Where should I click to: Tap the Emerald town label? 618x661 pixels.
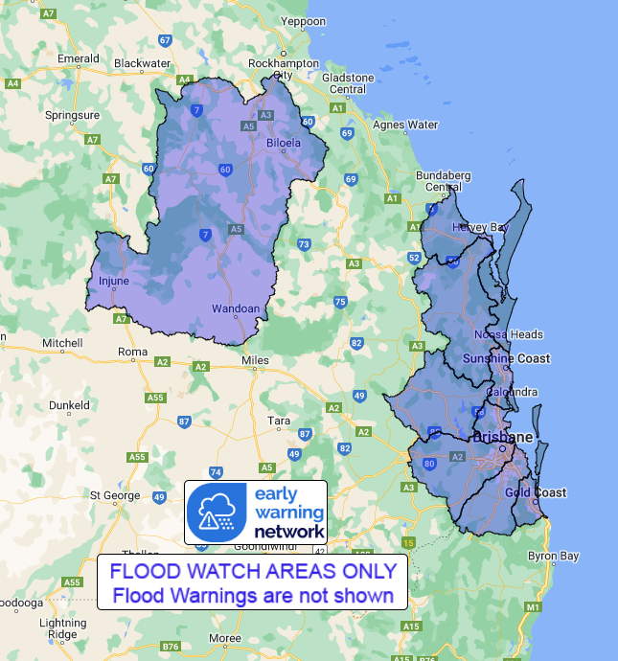(x=79, y=58)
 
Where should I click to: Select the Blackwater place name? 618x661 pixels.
(x=142, y=63)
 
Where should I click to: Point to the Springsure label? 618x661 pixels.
(x=71, y=115)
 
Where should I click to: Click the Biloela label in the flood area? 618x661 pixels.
(x=283, y=143)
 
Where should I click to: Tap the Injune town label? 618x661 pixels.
(x=113, y=282)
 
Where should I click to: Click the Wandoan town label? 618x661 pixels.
(x=235, y=309)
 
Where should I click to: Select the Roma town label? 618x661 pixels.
(x=131, y=352)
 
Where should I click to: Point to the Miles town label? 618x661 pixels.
(x=257, y=360)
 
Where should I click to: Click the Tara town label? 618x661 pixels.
(x=279, y=421)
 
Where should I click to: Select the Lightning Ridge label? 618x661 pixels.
(x=62, y=628)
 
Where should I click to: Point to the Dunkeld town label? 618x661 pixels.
(x=69, y=405)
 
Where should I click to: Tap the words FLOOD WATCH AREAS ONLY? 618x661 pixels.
(x=252, y=571)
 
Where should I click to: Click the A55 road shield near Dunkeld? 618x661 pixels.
(x=158, y=398)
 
